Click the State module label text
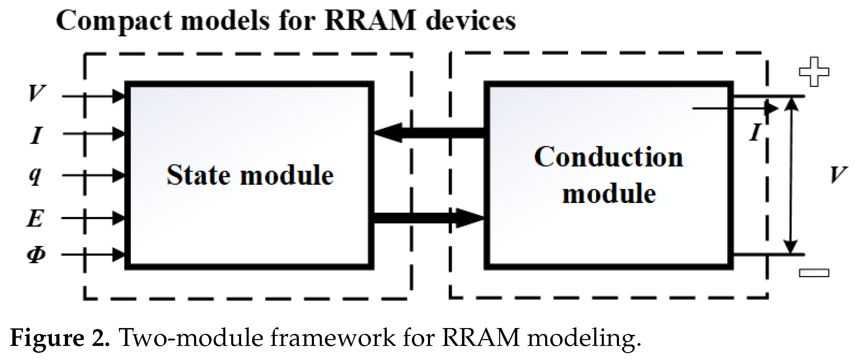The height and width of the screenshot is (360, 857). pos(250,175)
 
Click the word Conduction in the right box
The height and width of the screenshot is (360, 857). pos(608,157)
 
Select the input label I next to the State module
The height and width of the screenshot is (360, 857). pos(36,135)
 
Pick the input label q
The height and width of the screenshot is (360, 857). pos(35,176)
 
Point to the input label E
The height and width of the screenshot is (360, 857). pos(35,218)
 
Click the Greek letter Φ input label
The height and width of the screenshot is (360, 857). pos(36,255)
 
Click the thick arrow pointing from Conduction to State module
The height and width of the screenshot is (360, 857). pos(429,133)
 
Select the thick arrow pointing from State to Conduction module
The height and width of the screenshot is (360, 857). pos(429,218)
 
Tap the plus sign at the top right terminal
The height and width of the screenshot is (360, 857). pos(814,72)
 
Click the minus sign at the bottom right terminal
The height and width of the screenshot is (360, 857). pos(814,273)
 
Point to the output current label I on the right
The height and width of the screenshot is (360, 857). pos(755,132)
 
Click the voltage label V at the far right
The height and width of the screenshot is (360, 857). pos(838,175)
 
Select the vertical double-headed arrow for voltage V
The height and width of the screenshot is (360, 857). pos(791,175)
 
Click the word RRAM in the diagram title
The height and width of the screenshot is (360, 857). pos(370,21)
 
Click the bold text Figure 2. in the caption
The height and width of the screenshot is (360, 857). pos(60,338)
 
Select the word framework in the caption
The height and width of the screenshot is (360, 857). pos(333,338)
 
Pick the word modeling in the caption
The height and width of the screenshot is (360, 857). pos(584,338)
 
